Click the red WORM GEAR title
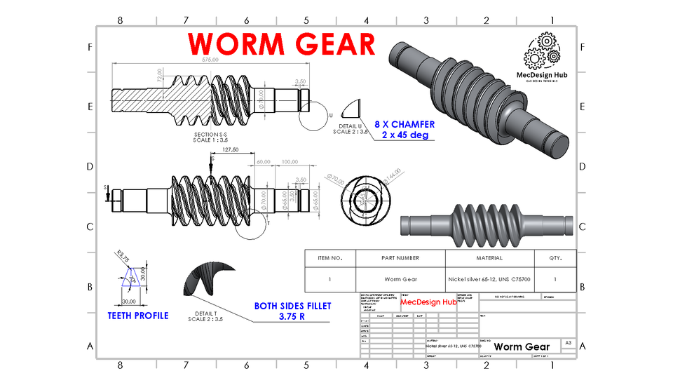(283, 44)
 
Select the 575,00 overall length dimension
(210, 60)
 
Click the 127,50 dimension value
(230, 149)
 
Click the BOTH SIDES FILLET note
(292, 311)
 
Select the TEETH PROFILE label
(138, 316)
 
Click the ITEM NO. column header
(329, 258)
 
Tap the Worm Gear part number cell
(401, 279)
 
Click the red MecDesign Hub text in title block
(428, 302)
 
